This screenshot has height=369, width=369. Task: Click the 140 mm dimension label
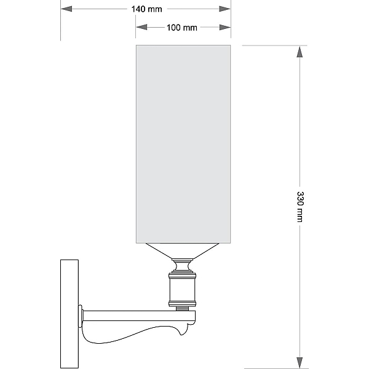[146, 9]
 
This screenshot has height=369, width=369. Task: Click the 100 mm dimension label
[181, 28]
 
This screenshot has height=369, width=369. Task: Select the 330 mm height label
[300, 207]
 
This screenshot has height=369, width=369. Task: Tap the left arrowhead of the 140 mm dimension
[66, 9]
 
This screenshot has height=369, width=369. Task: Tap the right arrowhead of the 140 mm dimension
[224, 9]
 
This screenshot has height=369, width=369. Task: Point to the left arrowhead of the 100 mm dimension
[141, 27]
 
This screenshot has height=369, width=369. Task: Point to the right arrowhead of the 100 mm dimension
[224, 27]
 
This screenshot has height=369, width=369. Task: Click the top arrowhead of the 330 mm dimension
[300, 52]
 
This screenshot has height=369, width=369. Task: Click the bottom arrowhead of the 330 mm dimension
[300, 363]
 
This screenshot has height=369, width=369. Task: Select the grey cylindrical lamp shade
[183, 144]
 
